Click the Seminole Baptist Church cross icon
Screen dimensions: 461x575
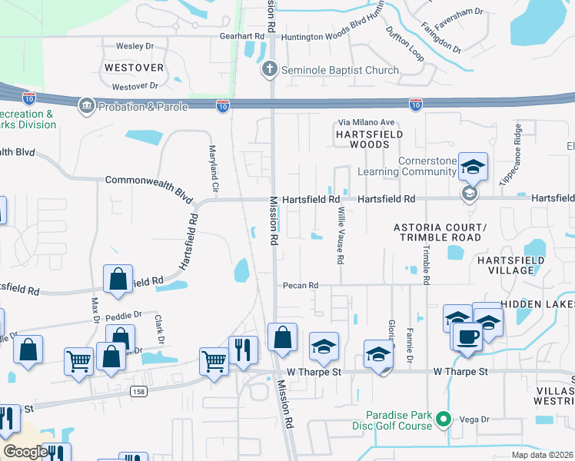pyautogui.click(x=269, y=70)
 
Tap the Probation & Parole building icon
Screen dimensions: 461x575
pyautogui.click(x=86, y=106)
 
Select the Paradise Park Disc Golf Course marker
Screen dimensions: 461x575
pyautogui.click(x=442, y=419)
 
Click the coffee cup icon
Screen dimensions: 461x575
pyautogui.click(x=467, y=337)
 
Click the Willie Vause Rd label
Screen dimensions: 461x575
pyautogui.click(x=339, y=239)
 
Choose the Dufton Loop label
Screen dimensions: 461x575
pyautogui.click(x=404, y=45)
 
